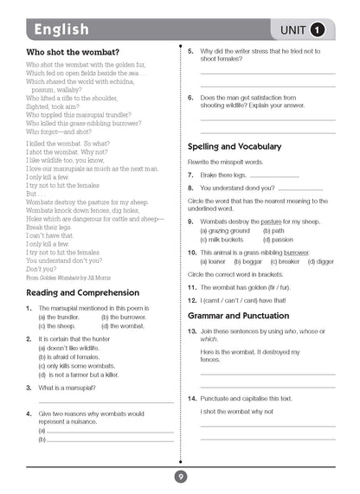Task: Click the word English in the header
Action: (x=61, y=30)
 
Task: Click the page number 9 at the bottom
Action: (x=180, y=476)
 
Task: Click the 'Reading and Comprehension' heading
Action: (x=84, y=292)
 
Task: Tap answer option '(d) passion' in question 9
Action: (x=281, y=239)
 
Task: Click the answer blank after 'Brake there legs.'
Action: (x=277, y=176)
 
